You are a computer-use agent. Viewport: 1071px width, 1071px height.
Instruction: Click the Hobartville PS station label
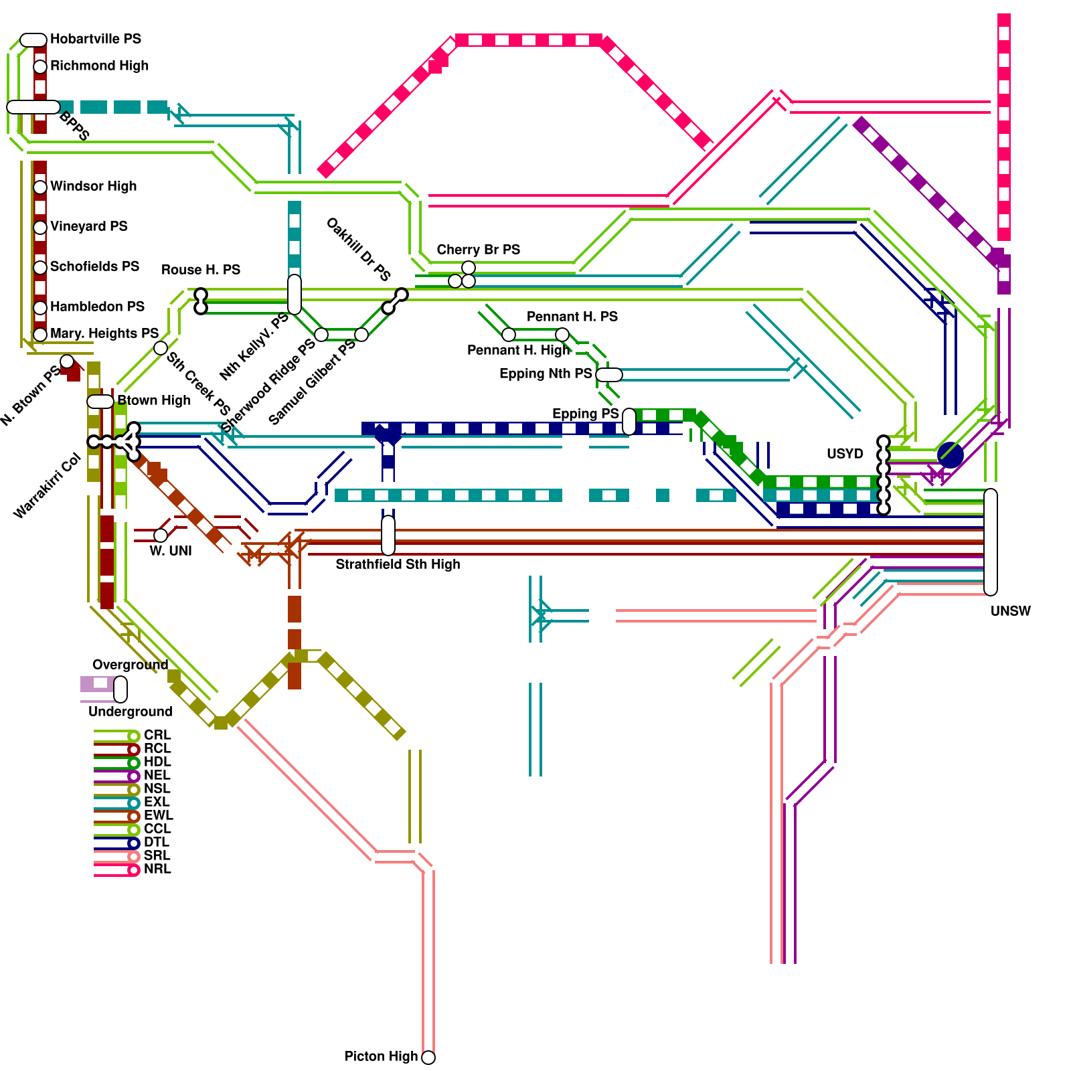pyautogui.click(x=95, y=39)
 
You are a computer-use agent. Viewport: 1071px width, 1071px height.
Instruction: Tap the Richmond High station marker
pyautogui.click(x=40, y=67)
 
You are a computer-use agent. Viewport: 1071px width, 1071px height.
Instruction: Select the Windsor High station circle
pyautogui.click(x=40, y=187)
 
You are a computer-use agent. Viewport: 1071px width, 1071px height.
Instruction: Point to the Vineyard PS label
pyautogui.click(x=88, y=227)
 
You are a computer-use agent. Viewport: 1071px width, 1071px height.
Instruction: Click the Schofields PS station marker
pyautogui.click(x=40, y=268)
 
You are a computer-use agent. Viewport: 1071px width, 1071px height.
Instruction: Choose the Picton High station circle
pyautogui.click(x=428, y=1058)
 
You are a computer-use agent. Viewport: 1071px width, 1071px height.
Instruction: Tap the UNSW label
pyautogui.click(x=1010, y=612)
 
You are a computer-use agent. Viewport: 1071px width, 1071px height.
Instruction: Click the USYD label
pyautogui.click(x=845, y=455)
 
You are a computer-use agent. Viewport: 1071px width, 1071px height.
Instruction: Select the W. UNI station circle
pyautogui.click(x=161, y=535)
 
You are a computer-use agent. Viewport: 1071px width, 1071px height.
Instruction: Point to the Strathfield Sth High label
pyautogui.click(x=398, y=565)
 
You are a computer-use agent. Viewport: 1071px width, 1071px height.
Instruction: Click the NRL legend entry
pyautogui.click(x=157, y=870)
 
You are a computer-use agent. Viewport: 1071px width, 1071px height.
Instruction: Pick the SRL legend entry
pyautogui.click(x=157, y=856)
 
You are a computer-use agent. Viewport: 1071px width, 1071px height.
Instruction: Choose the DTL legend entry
pyautogui.click(x=157, y=843)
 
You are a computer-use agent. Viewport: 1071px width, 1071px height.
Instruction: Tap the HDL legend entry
pyautogui.click(x=157, y=762)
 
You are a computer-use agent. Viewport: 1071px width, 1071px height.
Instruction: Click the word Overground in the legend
pyautogui.click(x=130, y=665)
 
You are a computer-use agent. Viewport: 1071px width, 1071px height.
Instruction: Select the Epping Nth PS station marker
pyautogui.click(x=608, y=375)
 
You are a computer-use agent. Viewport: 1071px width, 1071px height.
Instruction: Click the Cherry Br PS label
pyautogui.click(x=478, y=250)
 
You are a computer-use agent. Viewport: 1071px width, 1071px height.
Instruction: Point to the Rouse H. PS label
pyautogui.click(x=200, y=270)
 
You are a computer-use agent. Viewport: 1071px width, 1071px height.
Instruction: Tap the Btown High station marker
pyautogui.click(x=100, y=402)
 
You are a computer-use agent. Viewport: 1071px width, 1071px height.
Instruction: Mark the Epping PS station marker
pyautogui.click(x=629, y=422)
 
